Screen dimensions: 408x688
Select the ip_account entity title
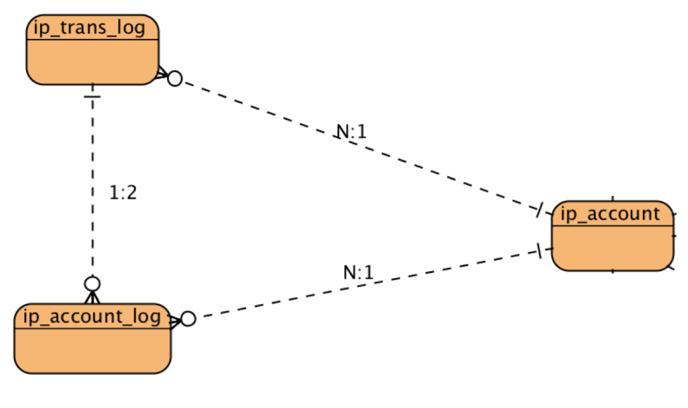(610, 214)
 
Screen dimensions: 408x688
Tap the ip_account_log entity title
(92, 316)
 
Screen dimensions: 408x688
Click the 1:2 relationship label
(123, 193)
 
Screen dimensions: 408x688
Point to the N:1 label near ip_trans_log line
(352, 132)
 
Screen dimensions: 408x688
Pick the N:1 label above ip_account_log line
(358, 273)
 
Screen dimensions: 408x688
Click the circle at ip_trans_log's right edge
(175, 78)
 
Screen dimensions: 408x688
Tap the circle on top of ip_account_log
(93, 283)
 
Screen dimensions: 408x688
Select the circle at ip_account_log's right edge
(188, 319)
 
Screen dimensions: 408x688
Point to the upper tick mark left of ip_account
(540, 211)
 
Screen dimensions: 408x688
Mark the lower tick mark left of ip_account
(540, 251)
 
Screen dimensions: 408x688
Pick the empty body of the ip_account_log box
(92, 349)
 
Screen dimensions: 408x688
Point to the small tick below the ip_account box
(613, 271)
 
